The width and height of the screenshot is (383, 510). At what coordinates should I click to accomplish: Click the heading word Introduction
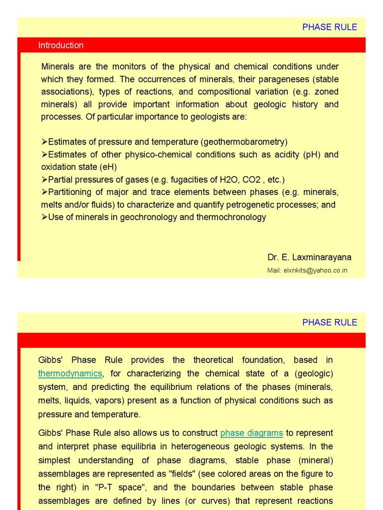61,45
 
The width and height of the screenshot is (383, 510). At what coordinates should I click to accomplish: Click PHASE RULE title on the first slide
330,27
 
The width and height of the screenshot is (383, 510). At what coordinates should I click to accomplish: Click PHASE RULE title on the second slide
330,322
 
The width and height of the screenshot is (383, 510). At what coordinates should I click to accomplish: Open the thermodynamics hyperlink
70,374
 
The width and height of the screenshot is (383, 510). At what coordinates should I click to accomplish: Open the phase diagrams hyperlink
251,433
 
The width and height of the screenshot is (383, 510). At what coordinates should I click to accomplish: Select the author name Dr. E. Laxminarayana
309,257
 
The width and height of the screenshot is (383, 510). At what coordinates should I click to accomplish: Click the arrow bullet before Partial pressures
44,180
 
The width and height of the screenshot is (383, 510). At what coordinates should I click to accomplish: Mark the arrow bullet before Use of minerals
44,217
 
